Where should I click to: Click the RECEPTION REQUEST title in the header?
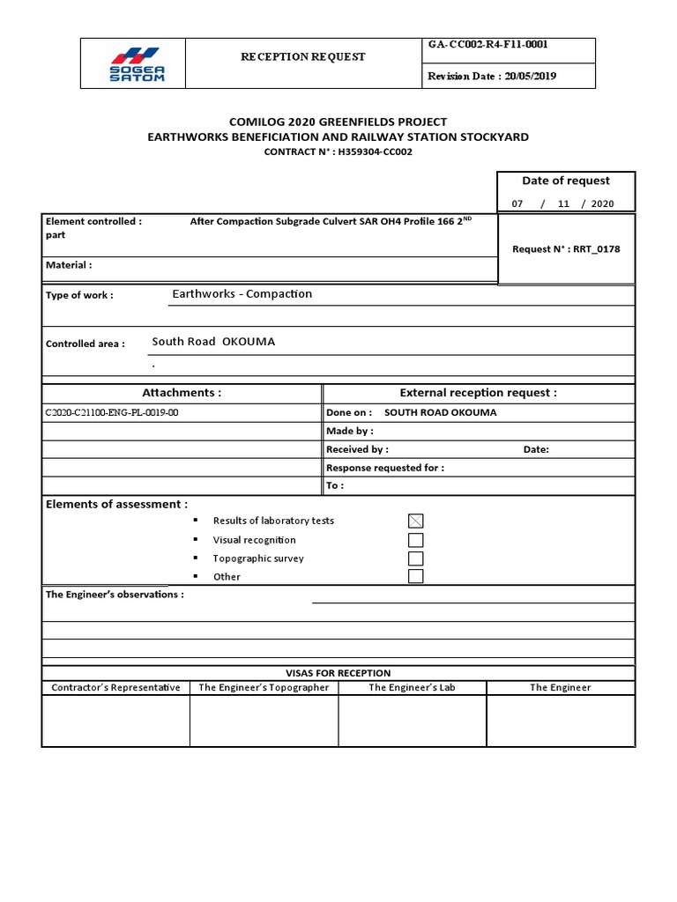(303, 56)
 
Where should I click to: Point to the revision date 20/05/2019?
(530, 76)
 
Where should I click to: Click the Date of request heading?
(565, 181)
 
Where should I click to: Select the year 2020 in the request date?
(602, 203)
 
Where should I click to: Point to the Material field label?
(68, 265)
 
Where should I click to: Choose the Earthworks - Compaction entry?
(242, 294)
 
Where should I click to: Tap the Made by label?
(350, 431)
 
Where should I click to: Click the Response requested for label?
(385, 468)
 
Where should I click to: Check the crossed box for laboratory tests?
(415, 521)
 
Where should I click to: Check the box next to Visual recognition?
(415, 540)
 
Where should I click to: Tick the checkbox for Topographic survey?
(415, 558)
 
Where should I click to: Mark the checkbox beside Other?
(415, 576)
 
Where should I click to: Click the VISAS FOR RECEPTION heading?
(338, 673)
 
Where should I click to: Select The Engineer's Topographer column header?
(264, 687)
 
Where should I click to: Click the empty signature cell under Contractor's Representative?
(115, 720)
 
